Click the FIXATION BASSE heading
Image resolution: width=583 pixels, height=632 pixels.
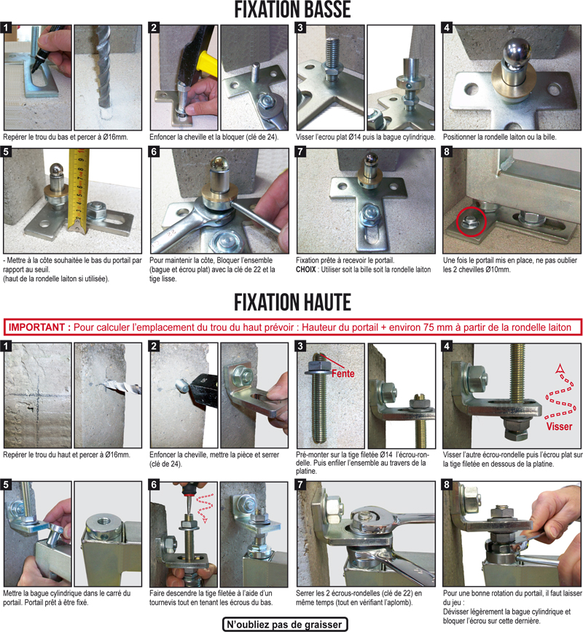[292, 9]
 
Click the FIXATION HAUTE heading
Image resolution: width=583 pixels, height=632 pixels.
[292, 302]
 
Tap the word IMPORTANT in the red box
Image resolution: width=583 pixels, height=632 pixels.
[36, 327]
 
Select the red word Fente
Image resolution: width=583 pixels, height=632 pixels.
[343, 374]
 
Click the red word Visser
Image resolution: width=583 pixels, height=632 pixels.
[559, 426]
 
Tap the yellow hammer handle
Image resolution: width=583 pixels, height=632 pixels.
[208, 63]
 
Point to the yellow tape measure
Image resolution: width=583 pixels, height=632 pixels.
[79, 190]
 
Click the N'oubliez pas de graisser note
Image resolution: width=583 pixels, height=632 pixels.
[285, 624]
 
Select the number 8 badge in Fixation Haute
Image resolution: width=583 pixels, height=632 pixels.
[447, 485]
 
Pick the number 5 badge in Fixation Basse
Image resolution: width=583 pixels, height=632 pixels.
[6, 152]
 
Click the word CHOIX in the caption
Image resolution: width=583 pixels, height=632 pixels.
[306, 270]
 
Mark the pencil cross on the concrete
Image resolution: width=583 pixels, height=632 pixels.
[37, 394]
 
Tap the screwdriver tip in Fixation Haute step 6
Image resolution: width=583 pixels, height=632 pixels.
[188, 511]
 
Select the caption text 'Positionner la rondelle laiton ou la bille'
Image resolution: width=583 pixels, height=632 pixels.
[500, 137]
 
